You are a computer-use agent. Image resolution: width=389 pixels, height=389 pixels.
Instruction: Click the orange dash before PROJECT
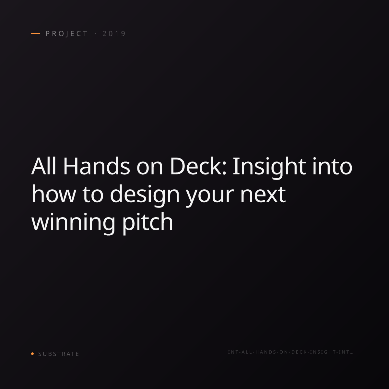point(36,33)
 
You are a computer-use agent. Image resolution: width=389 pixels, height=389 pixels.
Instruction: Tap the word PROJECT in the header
point(66,34)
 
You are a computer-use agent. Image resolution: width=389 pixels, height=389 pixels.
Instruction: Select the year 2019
point(114,33)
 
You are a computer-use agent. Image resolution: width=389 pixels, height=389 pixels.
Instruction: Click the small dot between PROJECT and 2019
point(95,33)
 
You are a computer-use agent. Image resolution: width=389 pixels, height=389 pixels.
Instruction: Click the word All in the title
point(44,166)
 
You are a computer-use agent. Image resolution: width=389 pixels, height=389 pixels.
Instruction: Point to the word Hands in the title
point(97,166)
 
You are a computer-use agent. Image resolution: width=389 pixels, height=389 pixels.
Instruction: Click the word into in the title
point(333,166)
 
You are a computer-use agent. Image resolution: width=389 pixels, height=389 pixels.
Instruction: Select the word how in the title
point(53,194)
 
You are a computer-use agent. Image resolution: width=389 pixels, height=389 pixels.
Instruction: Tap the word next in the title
point(263,194)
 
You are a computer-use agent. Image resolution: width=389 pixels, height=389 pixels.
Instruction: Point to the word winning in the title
point(73,223)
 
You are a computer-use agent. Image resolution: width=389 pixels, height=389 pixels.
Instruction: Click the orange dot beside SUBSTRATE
point(32,353)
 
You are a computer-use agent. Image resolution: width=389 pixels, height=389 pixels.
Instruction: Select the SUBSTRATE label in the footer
point(59,354)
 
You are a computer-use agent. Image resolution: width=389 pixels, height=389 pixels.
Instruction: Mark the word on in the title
point(149,168)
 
